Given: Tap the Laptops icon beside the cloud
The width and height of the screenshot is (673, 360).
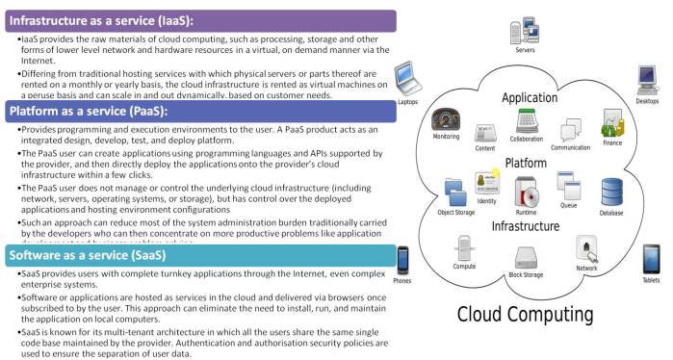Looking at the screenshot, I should click(407, 77).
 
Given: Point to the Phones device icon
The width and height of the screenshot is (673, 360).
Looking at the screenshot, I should click(403, 258).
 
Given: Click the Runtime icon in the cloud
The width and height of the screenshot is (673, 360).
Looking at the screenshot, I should click(526, 193).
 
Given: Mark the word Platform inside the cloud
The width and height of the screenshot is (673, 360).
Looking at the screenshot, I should click(527, 164).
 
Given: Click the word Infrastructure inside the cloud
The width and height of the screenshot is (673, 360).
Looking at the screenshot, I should click(527, 226).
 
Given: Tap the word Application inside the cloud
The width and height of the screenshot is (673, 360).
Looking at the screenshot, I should click(529, 98).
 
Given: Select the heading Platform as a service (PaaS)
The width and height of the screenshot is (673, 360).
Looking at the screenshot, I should click(89, 112).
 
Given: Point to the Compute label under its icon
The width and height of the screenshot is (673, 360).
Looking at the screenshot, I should click(464, 267).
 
